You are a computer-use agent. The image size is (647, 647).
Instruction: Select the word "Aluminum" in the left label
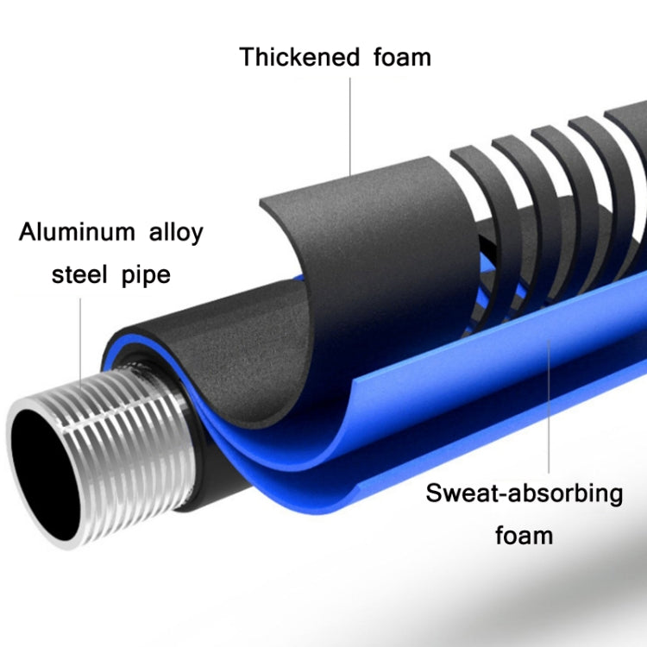coord(78,232)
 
